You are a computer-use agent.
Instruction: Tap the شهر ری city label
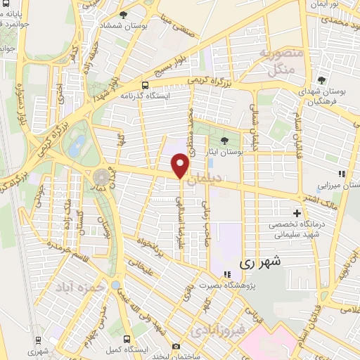pyautogui.click(x=260, y=263)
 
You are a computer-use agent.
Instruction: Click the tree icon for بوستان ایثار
pyautogui.click(x=225, y=141)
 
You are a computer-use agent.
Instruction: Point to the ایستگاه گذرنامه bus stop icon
pyautogui.click(x=146, y=84)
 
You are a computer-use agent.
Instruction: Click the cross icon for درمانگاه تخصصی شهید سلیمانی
pyautogui.click(x=297, y=213)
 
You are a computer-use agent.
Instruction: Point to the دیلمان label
pyautogui.click(x=231, y=179)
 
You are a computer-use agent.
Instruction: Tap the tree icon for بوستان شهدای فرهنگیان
pyautogui.click(x=321, y=80)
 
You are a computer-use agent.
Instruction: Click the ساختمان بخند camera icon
pyautogui.click(x=175, y=346)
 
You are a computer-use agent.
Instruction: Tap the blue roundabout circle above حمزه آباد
pyautogui.click(x=115, y=285)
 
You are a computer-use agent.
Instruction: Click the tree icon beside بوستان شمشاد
pyautogui.click(x=124, y=15)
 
